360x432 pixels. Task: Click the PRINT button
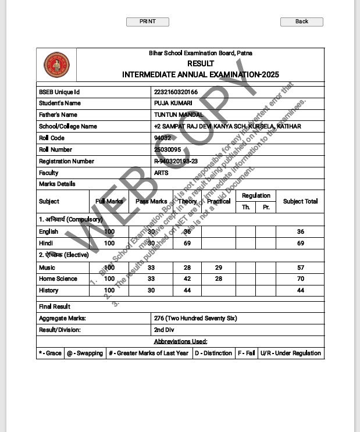click(x=148, y=22)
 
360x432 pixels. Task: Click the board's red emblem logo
click(x=56, y=66)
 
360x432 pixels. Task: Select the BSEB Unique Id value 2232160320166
click(x=176, y=92)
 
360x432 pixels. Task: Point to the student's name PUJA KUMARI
click(x=173, y=103)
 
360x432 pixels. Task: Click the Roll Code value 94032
click(x=162, y=138)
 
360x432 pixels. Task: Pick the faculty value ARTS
click(x=161, y=173)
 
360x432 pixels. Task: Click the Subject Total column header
click(x=300, y=201)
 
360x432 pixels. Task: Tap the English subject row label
click(x=48, y=231)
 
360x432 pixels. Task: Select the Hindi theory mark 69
click(x=187, y=243)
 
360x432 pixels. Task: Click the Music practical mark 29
click(x=219, y=267)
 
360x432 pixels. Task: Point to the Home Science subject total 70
click(x=300, y=279)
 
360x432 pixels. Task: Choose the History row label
click(x=48, y=290)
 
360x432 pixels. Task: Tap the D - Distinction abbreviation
click(x=213, y=353)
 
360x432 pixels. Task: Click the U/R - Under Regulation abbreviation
click(x=290, y=353)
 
